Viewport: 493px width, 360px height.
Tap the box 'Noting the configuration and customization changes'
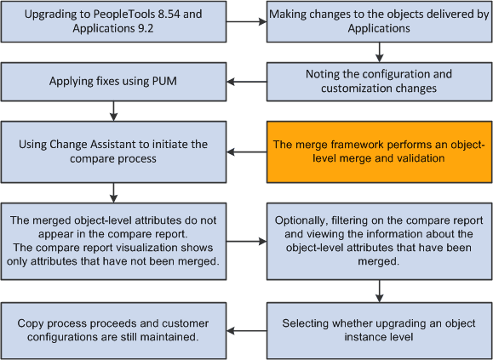point(379,82)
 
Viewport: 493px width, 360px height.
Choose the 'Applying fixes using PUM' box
point(113,82)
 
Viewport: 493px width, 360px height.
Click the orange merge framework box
point(379,151)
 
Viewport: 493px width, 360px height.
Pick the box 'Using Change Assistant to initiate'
point(113,151)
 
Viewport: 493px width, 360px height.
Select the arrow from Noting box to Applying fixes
point(246,82)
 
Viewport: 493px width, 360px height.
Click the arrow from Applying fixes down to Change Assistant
point(113,110)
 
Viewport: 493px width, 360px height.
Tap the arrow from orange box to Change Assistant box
point(246,151)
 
